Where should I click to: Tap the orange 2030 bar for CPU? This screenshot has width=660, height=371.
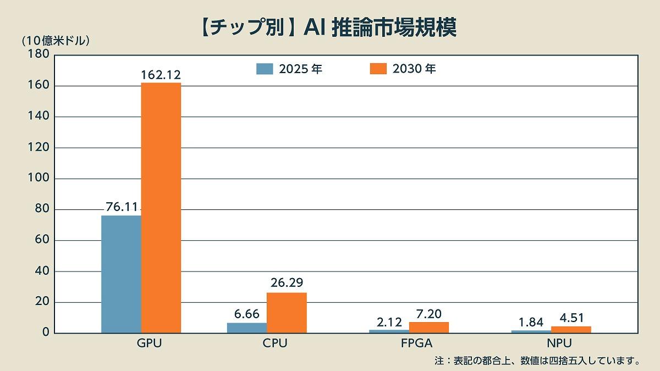[x=287, y=312]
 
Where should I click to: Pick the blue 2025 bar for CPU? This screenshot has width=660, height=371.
[x=247, y=328]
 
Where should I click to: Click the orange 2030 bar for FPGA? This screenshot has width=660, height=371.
[x=429, y=328]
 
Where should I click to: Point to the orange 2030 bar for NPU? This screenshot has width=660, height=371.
[x=571, y=330]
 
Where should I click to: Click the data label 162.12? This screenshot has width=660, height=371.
[x=161, y=75]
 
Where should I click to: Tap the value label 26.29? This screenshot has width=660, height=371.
[x=287, y=283]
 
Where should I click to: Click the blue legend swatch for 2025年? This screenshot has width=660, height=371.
[x=265, y=69]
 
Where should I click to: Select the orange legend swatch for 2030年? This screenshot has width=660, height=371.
[x=378, y=69]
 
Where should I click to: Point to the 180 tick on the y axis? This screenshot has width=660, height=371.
[x=39, y=55]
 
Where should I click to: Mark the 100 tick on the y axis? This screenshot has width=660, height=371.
[x=39, y=179]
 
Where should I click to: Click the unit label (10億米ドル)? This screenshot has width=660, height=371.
[x=55, y=40]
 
